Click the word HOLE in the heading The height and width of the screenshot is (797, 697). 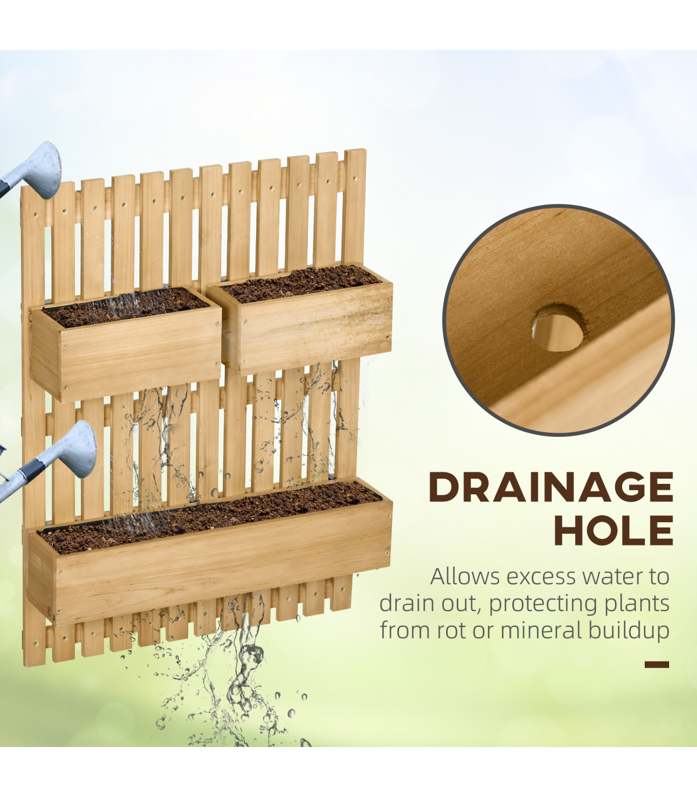[x=614, y=530]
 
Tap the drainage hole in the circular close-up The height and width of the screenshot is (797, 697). [x=558, y=328]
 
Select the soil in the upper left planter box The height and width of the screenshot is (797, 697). [x=125, y=307]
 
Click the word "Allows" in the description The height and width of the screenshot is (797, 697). [x=464, y=576]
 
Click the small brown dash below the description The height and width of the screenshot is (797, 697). [x=656, y=665]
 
